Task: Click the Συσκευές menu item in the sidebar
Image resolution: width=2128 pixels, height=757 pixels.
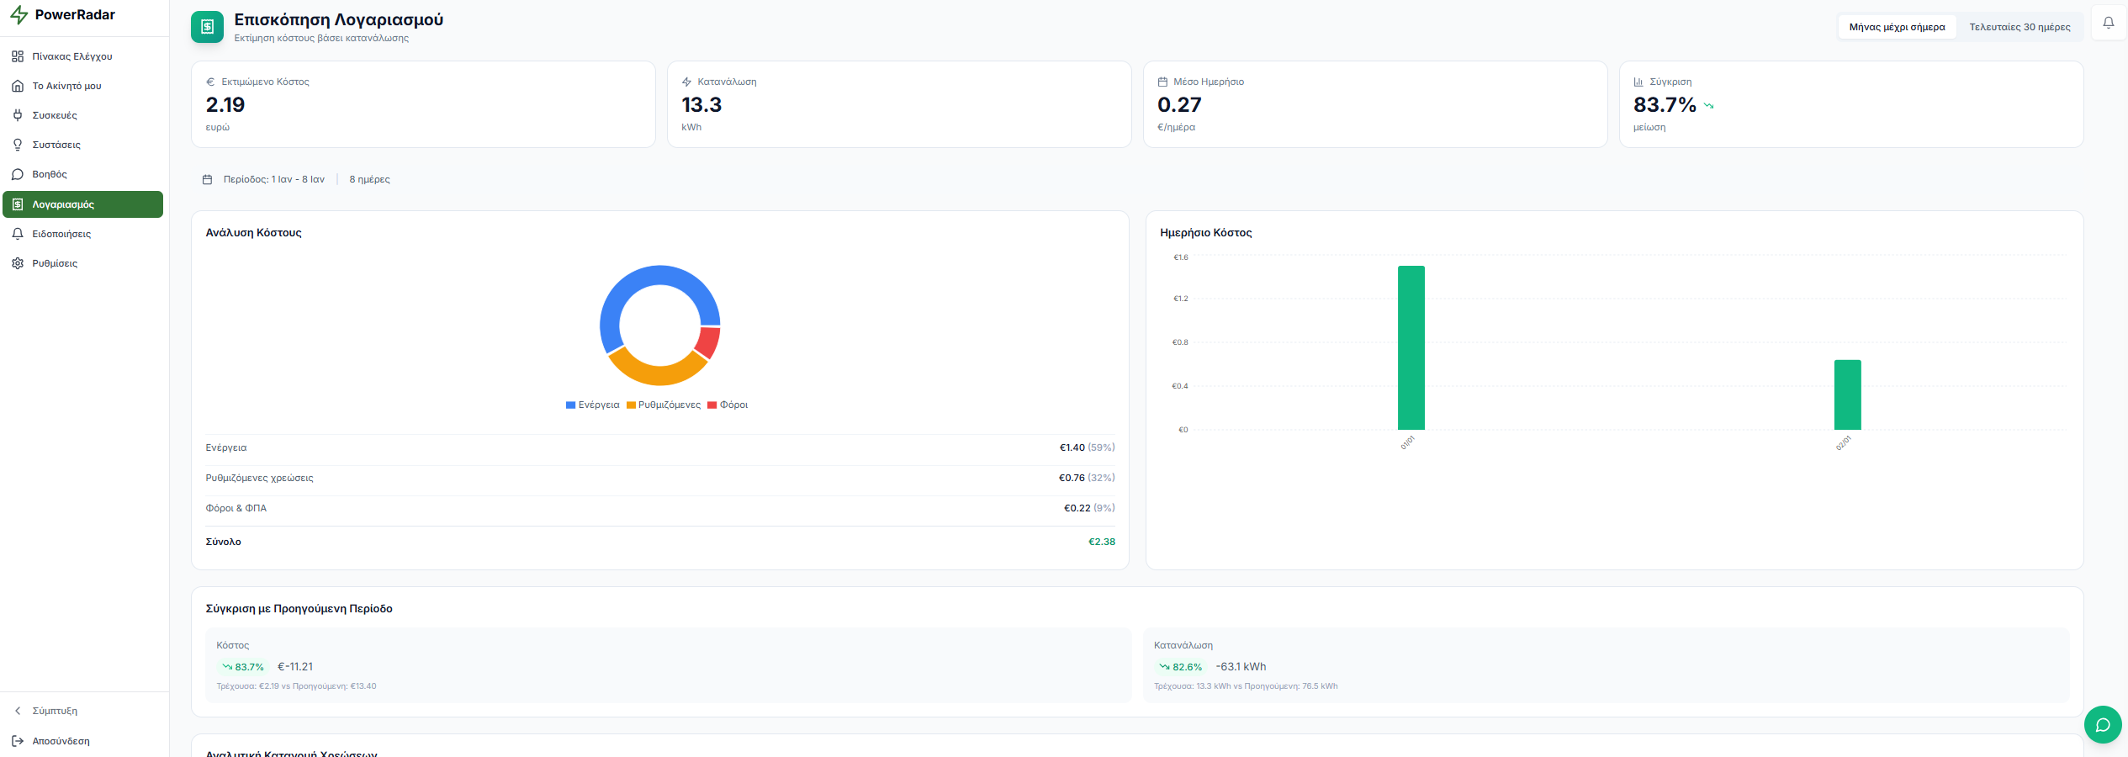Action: coord(55,115)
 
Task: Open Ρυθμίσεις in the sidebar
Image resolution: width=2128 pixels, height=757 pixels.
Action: coord(55,263)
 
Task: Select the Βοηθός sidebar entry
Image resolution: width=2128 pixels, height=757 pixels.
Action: coord(50,174)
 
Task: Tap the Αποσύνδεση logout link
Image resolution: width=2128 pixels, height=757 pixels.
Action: coord(61,741)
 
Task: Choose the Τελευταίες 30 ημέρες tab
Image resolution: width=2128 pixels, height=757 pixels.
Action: coord(2019,27)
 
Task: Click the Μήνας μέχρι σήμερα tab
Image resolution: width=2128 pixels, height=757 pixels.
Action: coord(1897,27)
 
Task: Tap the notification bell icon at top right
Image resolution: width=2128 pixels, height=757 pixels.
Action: coord(2109,24)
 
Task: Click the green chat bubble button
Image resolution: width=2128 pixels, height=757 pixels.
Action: coord(2102,724)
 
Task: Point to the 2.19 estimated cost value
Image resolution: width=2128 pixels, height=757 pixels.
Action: coord(225,105)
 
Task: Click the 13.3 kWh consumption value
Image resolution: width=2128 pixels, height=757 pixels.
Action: coord(701,105)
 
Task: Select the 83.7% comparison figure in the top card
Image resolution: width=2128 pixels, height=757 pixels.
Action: coord(1665,105)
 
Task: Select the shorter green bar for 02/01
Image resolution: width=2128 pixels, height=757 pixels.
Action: coord(1847,394)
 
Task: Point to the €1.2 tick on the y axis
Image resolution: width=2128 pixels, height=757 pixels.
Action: coord(1181,299)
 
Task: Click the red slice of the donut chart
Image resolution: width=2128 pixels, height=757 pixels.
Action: coord(708,342)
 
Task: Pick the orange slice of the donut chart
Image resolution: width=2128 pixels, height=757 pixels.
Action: coord(657,369)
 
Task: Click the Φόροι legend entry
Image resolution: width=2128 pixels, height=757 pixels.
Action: coord(728,405)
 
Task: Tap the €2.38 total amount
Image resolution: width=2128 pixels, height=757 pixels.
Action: coord(1102,542)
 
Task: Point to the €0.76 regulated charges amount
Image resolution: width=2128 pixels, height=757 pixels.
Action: coord(1072,478)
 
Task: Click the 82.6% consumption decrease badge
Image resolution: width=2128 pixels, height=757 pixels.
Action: coord(1181,667)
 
